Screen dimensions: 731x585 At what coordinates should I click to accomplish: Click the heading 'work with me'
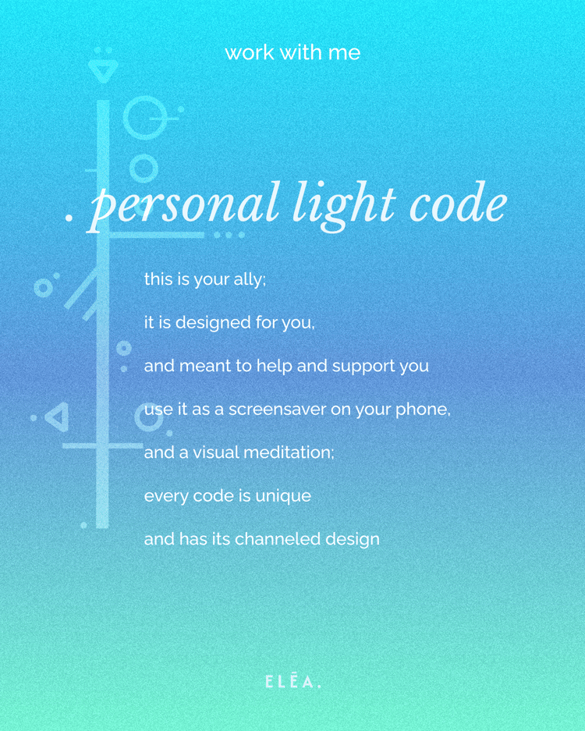[292, 53]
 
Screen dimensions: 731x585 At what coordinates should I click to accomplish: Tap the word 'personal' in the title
[184, 204]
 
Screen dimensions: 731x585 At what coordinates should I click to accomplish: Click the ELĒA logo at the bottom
[292, 682]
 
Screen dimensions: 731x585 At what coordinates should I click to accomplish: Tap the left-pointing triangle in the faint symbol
[57, 417]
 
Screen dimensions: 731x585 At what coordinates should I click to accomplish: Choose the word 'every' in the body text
[163, 495]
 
